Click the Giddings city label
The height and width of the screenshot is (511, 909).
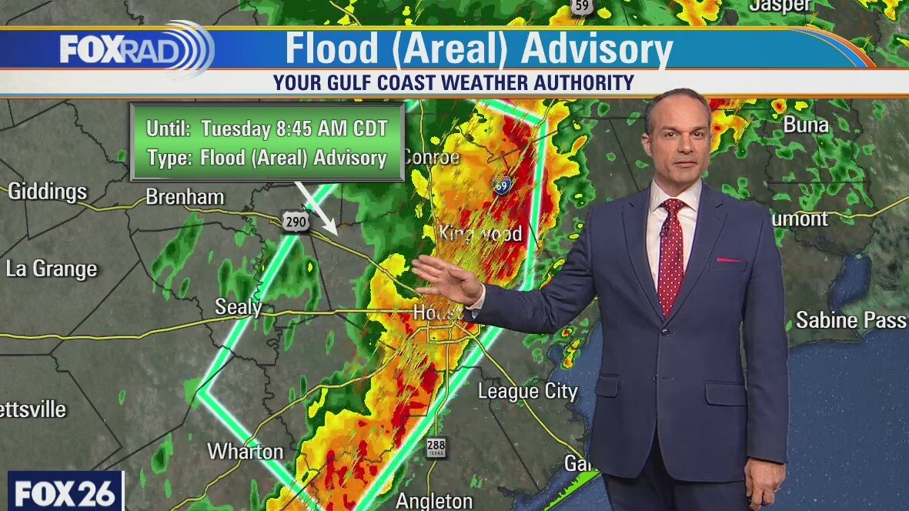point(47,191)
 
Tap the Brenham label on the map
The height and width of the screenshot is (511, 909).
point(185,197)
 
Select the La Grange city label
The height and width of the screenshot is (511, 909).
point(52,269)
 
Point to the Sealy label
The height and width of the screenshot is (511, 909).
point(238,307)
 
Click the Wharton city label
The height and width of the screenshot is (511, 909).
point(246,451)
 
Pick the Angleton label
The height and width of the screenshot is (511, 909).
point(433,501)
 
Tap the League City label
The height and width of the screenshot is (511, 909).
point(527,391)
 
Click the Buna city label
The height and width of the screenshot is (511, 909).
point(806,124)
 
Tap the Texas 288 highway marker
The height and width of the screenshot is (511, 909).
point(435,446)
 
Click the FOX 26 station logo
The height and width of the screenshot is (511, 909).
point(65,492)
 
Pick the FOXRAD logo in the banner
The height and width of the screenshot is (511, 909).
point(135,50)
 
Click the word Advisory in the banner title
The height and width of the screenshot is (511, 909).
point(596,49)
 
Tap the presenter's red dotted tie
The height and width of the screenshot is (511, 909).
point(670,254)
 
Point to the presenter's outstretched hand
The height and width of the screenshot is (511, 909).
point(446,279)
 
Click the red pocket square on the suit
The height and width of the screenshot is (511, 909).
point(728,260)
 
